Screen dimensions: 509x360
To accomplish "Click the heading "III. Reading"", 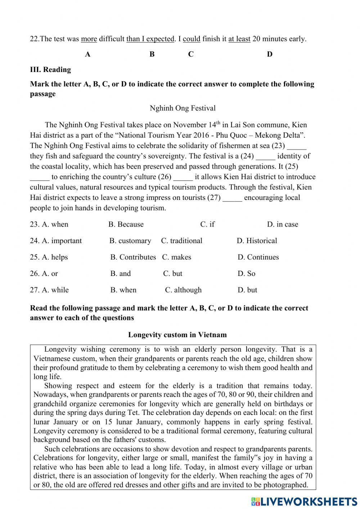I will point(50,70).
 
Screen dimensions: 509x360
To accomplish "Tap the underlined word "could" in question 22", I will point(192,39).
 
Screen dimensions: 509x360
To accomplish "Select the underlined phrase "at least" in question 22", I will point(239,39).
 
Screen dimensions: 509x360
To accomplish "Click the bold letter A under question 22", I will point(87,54).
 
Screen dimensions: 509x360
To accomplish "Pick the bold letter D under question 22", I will point(270,54).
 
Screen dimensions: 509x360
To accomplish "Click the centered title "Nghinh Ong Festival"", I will point(183,108).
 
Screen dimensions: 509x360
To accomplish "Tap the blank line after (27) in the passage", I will point(232,198).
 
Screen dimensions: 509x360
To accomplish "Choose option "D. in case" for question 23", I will point(282,224).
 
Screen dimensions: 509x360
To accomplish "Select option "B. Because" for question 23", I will point(126,224).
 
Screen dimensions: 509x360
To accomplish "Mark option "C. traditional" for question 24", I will point(182,241).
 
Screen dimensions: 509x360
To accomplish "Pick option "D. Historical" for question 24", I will point(257,241).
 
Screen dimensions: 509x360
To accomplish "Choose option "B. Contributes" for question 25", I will point(133,257).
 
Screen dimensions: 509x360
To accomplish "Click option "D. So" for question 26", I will point(246,274).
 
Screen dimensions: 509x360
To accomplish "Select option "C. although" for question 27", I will point(183,290).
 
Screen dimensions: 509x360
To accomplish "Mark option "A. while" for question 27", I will point(49,290).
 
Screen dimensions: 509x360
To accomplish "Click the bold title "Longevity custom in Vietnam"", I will point(177,335).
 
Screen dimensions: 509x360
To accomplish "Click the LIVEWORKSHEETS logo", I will point(304,501).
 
